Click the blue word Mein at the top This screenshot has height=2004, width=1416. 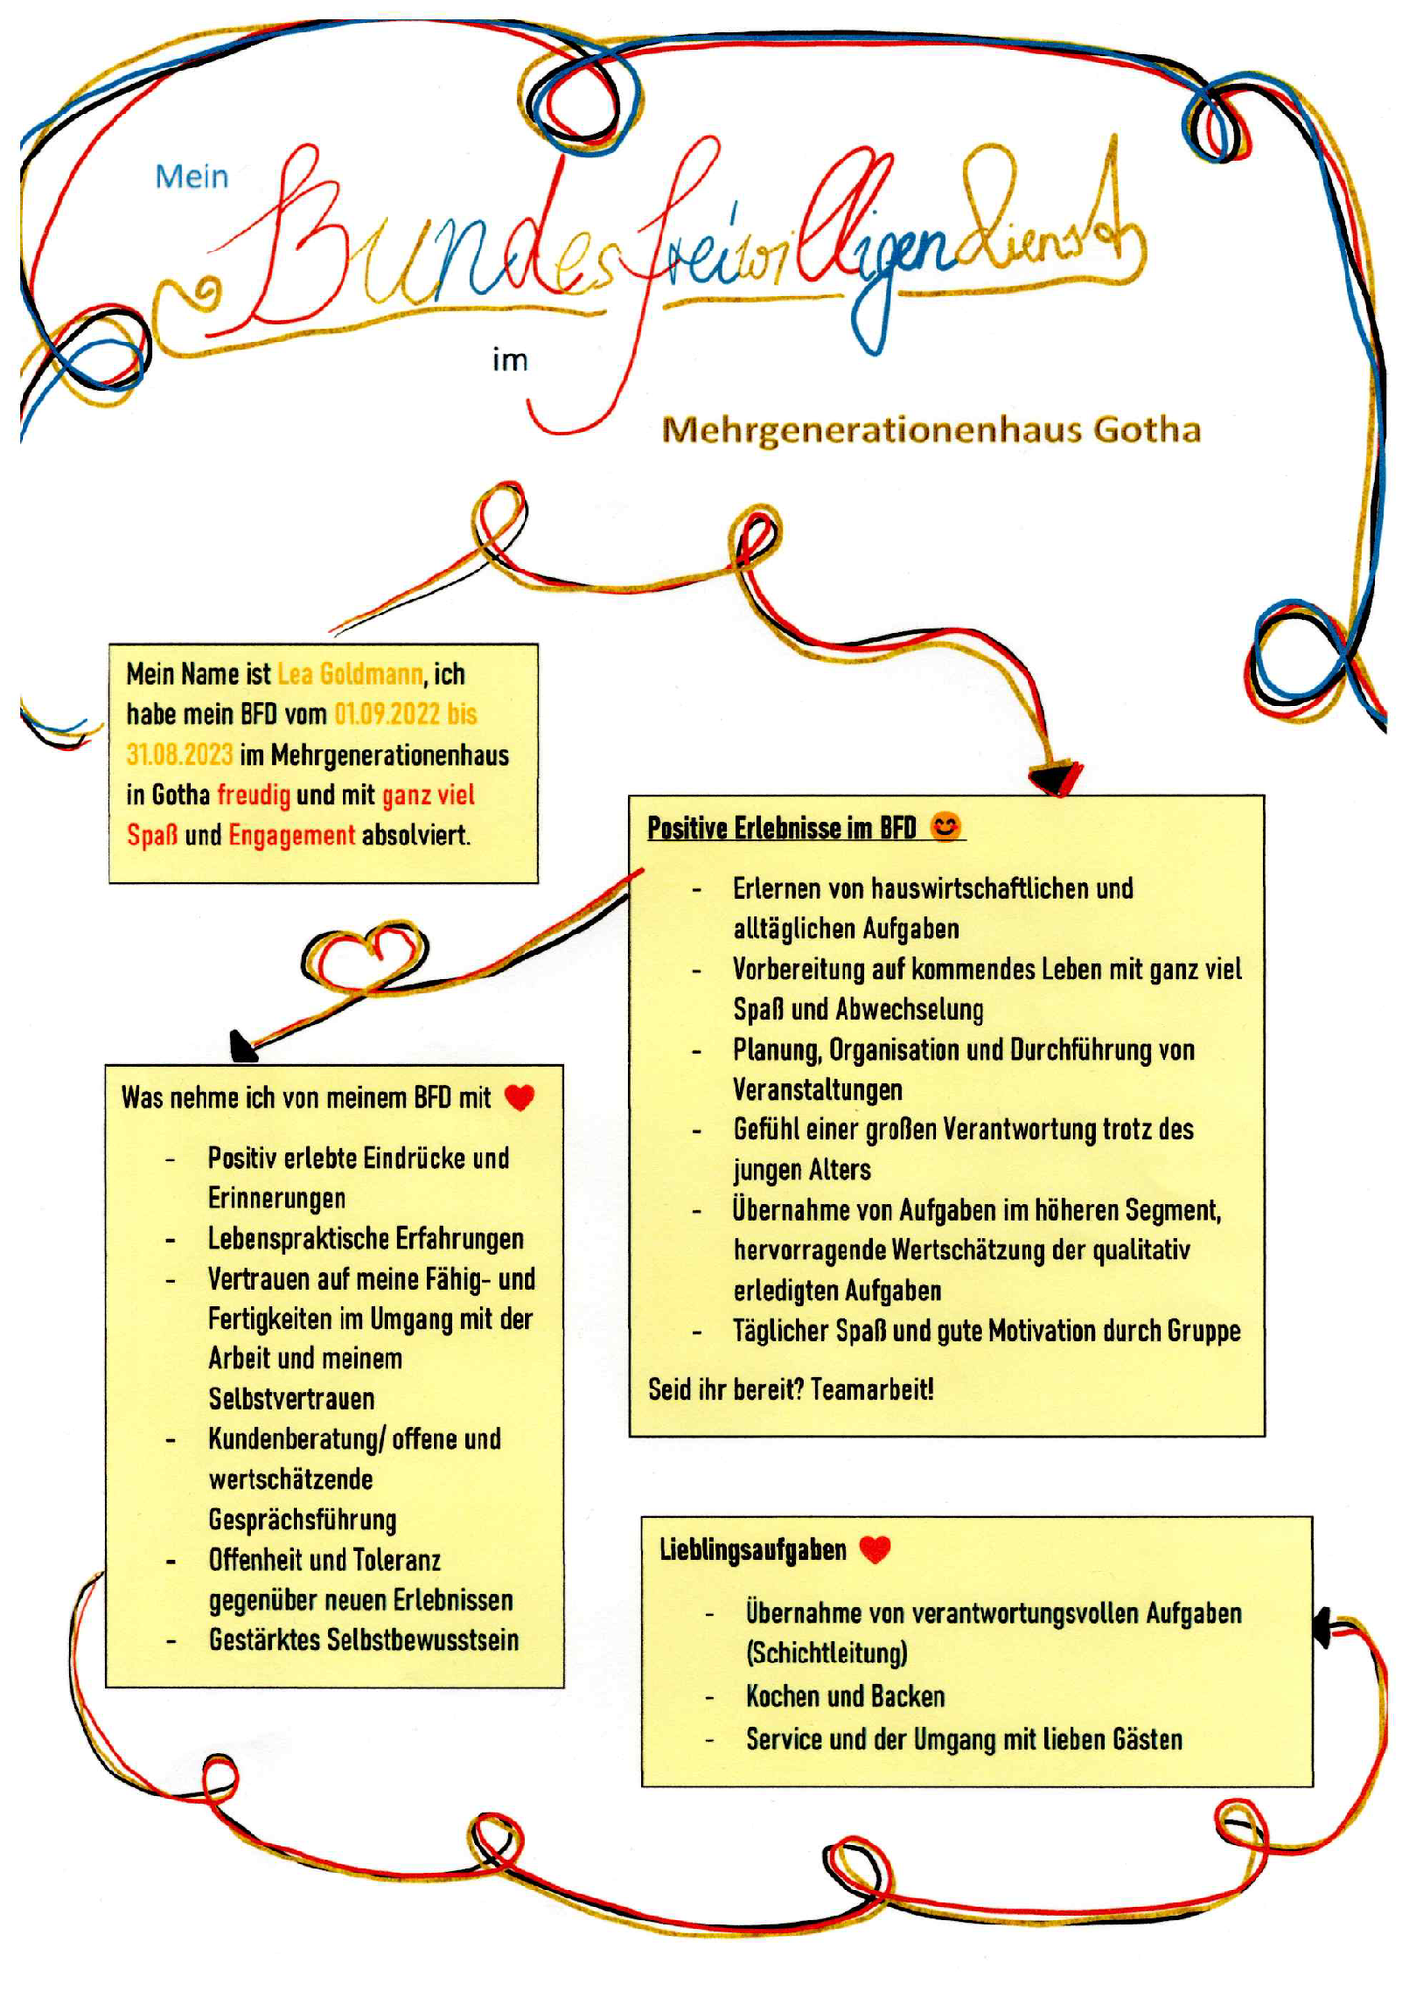coord(192,176)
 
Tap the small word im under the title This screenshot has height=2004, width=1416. coord(510,360)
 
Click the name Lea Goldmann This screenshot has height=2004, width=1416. coord(350,674)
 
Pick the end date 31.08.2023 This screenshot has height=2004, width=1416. coord(180,755)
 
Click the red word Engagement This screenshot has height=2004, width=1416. coord(292,836)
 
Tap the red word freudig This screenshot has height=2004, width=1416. coord(253,796)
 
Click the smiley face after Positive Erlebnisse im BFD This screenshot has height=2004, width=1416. coord(945,827)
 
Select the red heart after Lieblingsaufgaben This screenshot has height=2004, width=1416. coord(875,1549)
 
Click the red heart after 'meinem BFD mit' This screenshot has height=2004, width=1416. coord(520,1098)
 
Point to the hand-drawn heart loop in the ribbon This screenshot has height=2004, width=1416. coord(364,956)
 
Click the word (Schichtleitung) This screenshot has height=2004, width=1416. coord(826,1654)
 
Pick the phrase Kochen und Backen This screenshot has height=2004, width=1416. coord(845,1696)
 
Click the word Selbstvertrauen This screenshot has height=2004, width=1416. coord(292,1399)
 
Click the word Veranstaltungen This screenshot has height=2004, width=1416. coord(818,1089)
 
